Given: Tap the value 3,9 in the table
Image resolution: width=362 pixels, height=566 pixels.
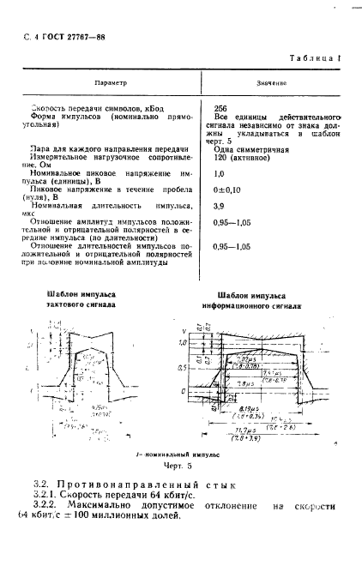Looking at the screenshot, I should click(219, 207).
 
